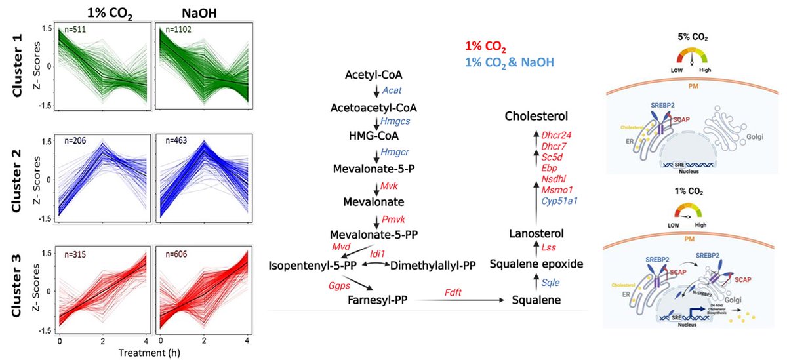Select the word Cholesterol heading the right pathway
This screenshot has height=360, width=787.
click(x=536, y=116)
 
